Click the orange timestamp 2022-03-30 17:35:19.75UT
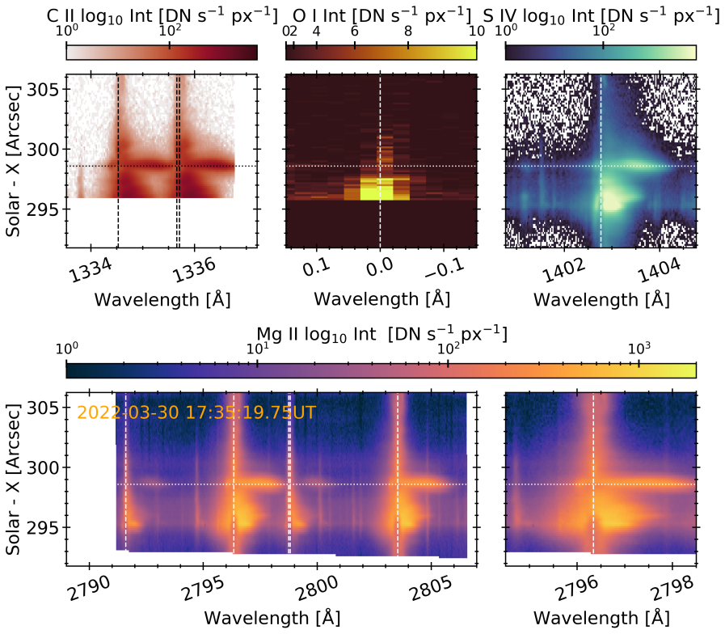(196, 412)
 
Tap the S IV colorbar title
(601, 14)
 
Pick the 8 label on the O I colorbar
(408, 31)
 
